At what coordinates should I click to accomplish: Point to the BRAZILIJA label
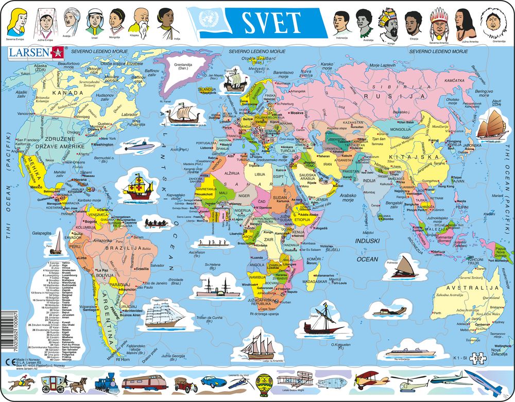tap(124, 247)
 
